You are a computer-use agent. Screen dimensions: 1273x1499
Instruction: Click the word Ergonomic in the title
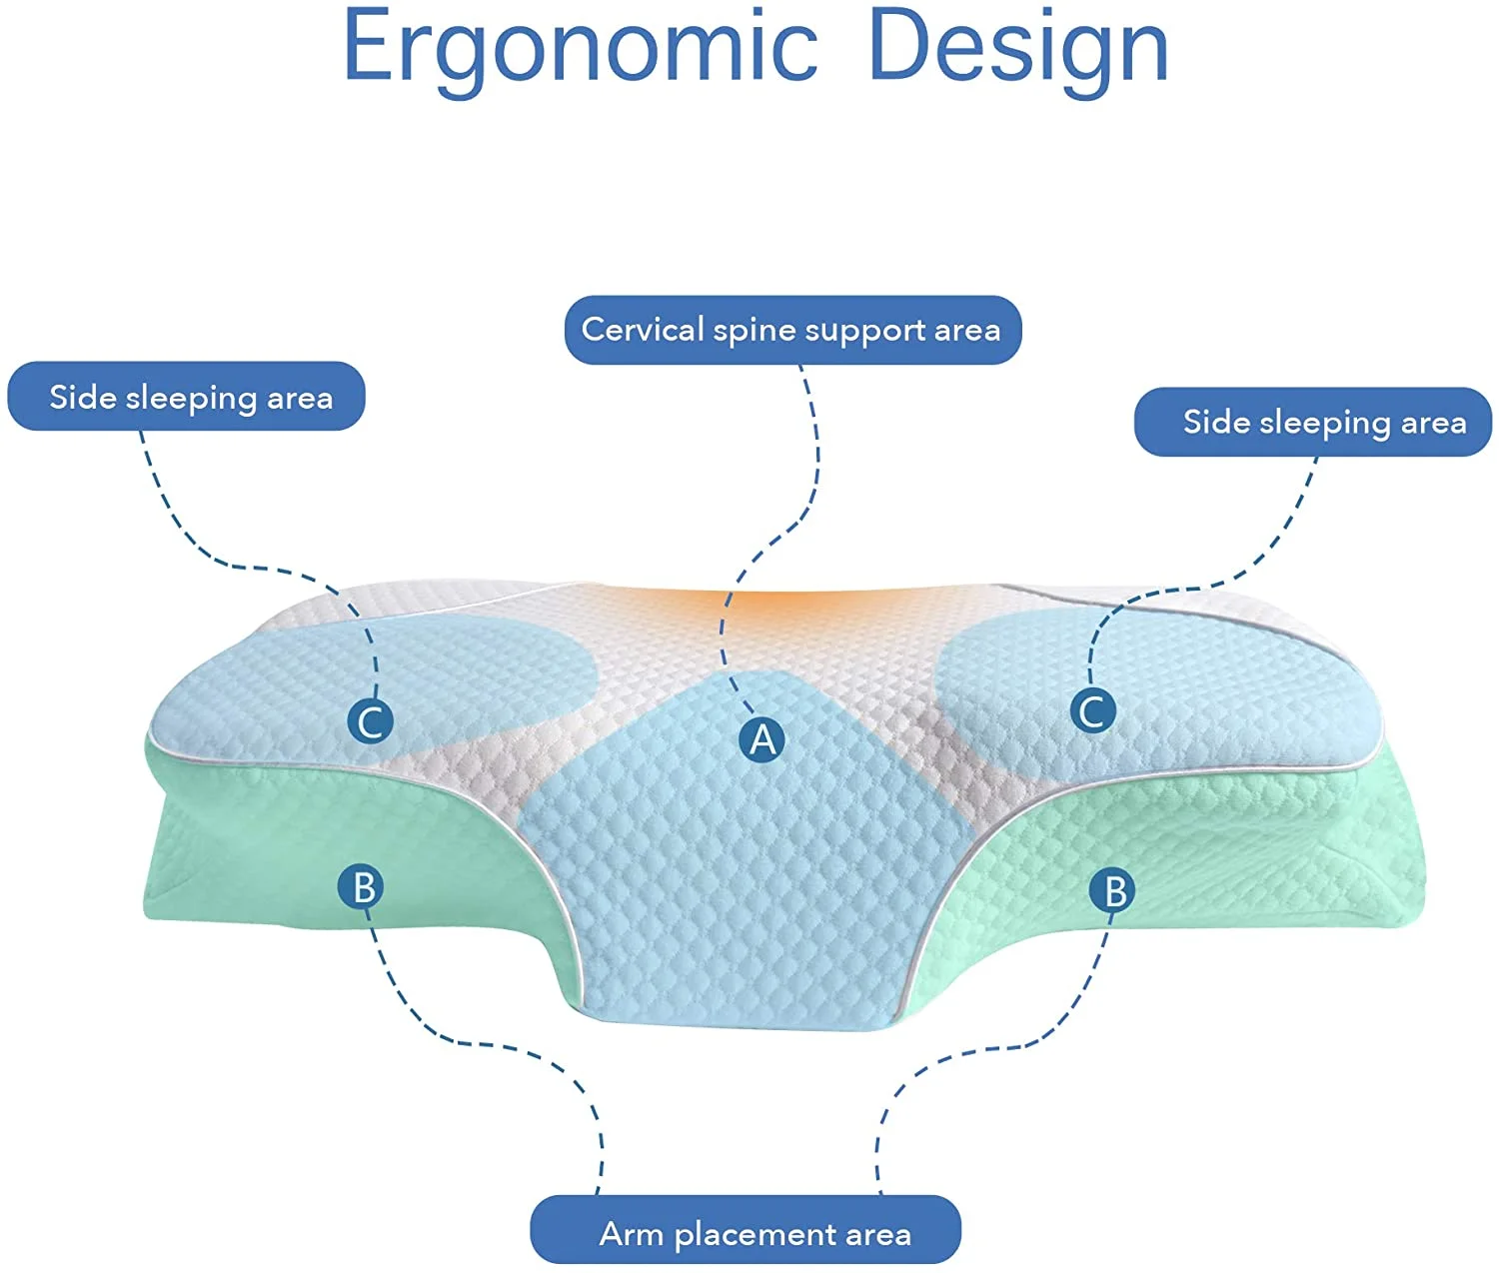click(581, 48)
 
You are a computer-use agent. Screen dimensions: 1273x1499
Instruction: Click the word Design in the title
click(1018, 48)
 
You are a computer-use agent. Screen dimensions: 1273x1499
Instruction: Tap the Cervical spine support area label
click(792, 330)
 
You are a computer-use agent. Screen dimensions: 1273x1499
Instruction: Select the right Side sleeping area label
click(1312, 422)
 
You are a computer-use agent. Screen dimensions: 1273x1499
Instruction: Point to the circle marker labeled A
click(762, 739)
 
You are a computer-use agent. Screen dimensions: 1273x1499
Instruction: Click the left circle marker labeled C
click(371, 720)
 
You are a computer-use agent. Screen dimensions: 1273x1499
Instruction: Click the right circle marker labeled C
click(1092, 710)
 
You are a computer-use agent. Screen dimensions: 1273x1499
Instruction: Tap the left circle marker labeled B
click(363, 886)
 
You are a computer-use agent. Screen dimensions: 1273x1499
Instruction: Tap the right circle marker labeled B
click(1114, 890)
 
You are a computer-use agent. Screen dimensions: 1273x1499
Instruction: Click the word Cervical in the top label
click(643, 330)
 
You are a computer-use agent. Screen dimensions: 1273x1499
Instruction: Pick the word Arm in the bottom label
click(632, 1234)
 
